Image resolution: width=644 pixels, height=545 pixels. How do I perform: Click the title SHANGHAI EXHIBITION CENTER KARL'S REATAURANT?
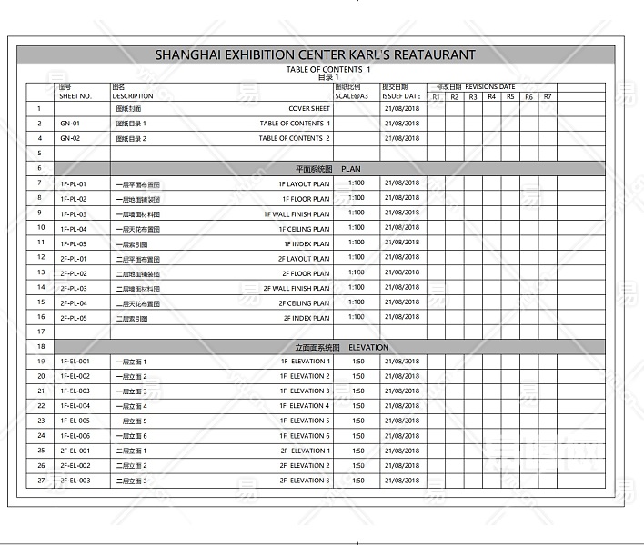coord(315,54)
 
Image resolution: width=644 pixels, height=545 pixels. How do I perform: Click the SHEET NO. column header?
coord(75,95)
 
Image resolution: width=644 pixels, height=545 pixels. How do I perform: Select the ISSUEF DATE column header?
coord(401,95)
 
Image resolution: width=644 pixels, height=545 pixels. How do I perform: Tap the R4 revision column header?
coord(491,96)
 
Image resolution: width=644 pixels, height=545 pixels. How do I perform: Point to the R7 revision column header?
coord(548,96)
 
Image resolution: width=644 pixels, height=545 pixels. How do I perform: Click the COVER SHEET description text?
coord(309,108)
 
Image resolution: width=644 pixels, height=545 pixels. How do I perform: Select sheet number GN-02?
coord(70,138)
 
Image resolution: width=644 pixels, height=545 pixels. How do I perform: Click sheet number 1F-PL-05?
coord(74,243)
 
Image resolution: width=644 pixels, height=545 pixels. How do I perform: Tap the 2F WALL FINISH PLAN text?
coord(297,288)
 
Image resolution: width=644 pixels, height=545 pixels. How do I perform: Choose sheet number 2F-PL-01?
coord(74,258)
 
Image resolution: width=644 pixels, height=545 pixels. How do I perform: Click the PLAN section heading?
coord(351,168)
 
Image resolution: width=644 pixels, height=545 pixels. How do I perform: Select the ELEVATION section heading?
coord(368,347)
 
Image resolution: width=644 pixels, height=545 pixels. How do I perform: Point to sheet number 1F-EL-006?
coord(75,436)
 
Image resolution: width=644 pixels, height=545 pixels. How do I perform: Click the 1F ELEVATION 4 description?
coord(305,406)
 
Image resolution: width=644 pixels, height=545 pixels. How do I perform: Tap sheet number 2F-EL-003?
coord(75,481)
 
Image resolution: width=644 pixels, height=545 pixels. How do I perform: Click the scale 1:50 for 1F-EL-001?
coord(357,362)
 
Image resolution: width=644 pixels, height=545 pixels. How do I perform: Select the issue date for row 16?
coord(402,318)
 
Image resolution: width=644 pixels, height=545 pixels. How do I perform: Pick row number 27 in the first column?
coord(40,481)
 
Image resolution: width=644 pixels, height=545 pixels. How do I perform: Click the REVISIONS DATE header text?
coord(489,87)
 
